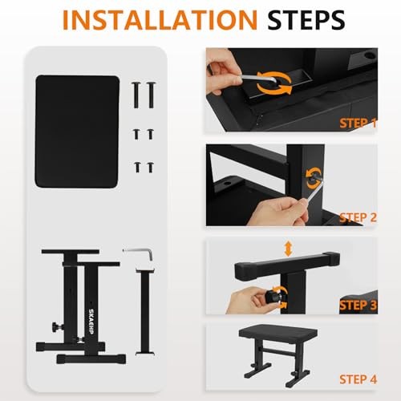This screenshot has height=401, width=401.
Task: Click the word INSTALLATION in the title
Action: [160, 20]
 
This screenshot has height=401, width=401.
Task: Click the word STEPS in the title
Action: [306, 20]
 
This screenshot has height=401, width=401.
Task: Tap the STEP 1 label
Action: [358, 124]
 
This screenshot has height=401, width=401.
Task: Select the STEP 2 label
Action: [358, 217]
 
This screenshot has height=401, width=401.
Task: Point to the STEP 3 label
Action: [358, 306]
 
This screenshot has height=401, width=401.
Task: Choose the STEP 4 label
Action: [358, 379]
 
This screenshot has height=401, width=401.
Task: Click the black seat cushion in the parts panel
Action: [77, 132]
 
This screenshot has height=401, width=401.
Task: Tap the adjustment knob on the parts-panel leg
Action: [58, 326]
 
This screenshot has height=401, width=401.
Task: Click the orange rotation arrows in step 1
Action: [273, 83]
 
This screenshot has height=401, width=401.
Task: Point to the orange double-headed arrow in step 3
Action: [288, 249]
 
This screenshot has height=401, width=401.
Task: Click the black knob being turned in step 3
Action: [272, 297]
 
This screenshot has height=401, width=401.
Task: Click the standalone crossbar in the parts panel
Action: [145, 311]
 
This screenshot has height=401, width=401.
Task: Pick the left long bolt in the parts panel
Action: [136, 95]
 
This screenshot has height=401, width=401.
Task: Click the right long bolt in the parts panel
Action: [151, 95]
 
